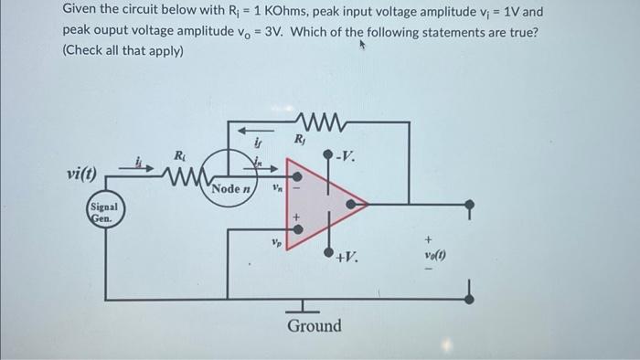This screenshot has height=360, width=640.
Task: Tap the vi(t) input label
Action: (x=83, y=174)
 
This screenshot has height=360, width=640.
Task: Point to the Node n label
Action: (x=229, y=189)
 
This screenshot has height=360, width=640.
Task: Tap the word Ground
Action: (x=314, y=326)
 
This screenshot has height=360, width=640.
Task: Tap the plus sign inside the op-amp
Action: (x=295, y=218)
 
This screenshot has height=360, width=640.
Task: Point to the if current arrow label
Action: (x=258, y=143)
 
